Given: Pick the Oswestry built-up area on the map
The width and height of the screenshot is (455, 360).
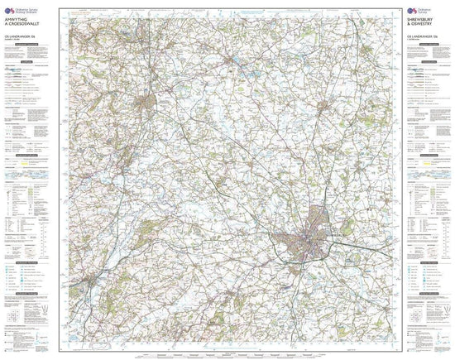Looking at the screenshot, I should click(x=147, y=103).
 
